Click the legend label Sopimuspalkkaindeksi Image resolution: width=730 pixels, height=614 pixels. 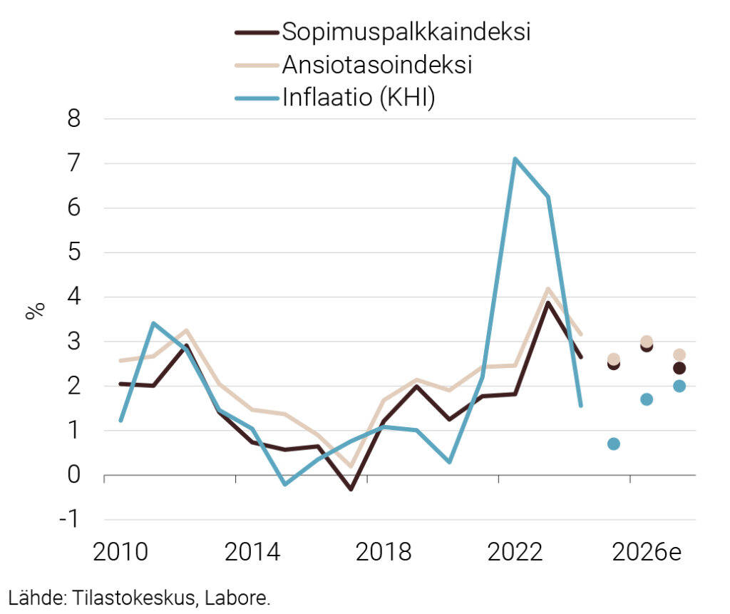pyautogui.click(x=406, y=33)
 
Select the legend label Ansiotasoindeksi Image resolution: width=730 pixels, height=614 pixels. pyautogui.click(x=378, y=65)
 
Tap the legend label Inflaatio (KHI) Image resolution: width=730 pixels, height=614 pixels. pyautogui.click(x=359, y=97)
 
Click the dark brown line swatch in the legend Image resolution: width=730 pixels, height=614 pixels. pyautogui.click(x=255, y=33)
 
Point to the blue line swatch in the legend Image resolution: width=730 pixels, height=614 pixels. pyautogui.click(x=255, y=97)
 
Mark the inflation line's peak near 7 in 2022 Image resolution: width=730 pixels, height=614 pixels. pyautogui.click(x=515, y=159)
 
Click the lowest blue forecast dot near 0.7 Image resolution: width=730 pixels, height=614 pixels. pyautogui.click(x=613, y=444)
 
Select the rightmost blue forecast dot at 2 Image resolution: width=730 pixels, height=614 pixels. pyautogui.click(x=679, y=386)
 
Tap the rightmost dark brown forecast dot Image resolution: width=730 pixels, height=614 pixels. pyautogui.click(x=679, y=368)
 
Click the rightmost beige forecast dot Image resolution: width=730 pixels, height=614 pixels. pyautogui.click(x=679, y=354)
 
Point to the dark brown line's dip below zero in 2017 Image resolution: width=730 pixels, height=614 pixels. pyautogui.click(x=351, y=489)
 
